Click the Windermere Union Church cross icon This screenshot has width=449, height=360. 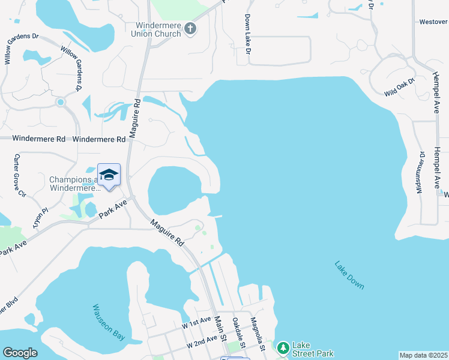click(190, 29)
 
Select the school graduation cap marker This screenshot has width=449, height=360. click(109, 175)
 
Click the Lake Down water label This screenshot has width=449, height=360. click(349, 275)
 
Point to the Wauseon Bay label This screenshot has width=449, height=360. click(109, 322)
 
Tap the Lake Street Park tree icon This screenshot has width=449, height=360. click(283, 347)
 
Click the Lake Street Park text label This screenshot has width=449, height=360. click(312, 349)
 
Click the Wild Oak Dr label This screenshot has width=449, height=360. click(400, 88)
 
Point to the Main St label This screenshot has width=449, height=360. click(220, 331)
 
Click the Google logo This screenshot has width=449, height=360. click(20, 353)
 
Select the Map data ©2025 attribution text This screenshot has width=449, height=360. click(423, 355)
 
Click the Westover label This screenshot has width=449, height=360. click(433, 22)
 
